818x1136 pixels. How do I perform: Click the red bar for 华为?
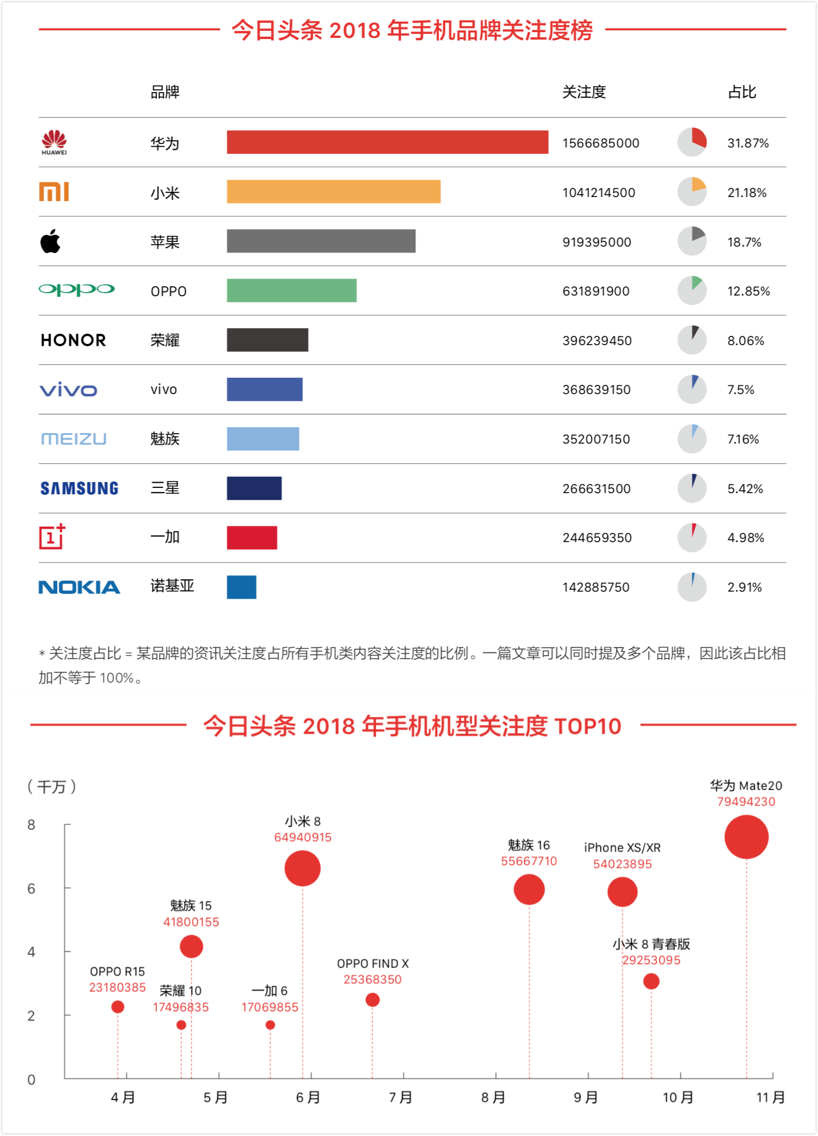point(387,142)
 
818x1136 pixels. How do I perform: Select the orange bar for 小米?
point(333,192)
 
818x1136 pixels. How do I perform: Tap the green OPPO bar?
point(291,290)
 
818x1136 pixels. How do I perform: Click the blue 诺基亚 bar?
point(241,587)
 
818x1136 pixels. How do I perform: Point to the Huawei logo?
point(54,142)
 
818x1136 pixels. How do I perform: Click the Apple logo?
point(51,241)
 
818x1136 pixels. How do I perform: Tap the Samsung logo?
point(79,488)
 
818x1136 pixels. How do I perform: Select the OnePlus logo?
point(52,537)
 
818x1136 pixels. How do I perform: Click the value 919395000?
point(597,242)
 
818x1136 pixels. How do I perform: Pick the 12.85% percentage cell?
point(748,291)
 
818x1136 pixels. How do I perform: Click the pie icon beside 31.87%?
point(692,142)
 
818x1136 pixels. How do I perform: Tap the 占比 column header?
point(742,92)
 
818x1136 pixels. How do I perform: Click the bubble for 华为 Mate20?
point(746,837)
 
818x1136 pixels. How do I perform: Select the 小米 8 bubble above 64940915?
point(302,868)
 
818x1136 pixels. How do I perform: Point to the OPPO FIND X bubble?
point(372,1000)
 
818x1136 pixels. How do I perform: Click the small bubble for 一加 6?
point(270,1025)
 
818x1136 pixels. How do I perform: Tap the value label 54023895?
point(622,864)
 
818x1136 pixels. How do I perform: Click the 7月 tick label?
point(401,1098)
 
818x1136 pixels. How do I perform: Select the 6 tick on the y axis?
point(31,888)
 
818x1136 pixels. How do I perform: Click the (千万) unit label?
point(51,787)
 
